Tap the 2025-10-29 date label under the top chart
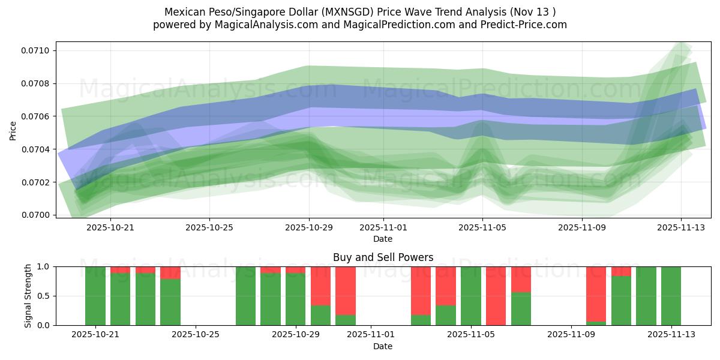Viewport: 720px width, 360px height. (x=309, y=227)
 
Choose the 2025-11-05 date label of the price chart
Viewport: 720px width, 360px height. (x=482, y=227)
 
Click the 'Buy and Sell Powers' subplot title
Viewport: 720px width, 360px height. (x=383, y=257)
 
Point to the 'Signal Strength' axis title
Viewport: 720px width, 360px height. (x=28, y=296)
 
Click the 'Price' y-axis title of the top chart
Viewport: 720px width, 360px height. (x=13, y=130)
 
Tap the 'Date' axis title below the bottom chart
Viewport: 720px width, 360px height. (x=383, y=346)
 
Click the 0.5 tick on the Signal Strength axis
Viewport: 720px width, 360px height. (x=44, y=296)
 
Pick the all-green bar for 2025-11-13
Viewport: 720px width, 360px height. (x=671, y=296)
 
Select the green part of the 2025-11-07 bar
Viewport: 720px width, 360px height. (x=521, y=309)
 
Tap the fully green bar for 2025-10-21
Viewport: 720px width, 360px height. (x=95, y=296)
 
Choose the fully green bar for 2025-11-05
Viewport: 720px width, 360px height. (x=471, y=296)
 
